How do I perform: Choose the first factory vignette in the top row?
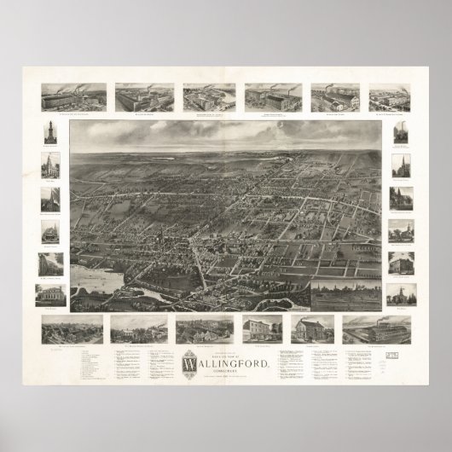tap(73, 98)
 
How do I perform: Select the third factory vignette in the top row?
tap(208, 98)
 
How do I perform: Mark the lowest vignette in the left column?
tap(49, 295)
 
